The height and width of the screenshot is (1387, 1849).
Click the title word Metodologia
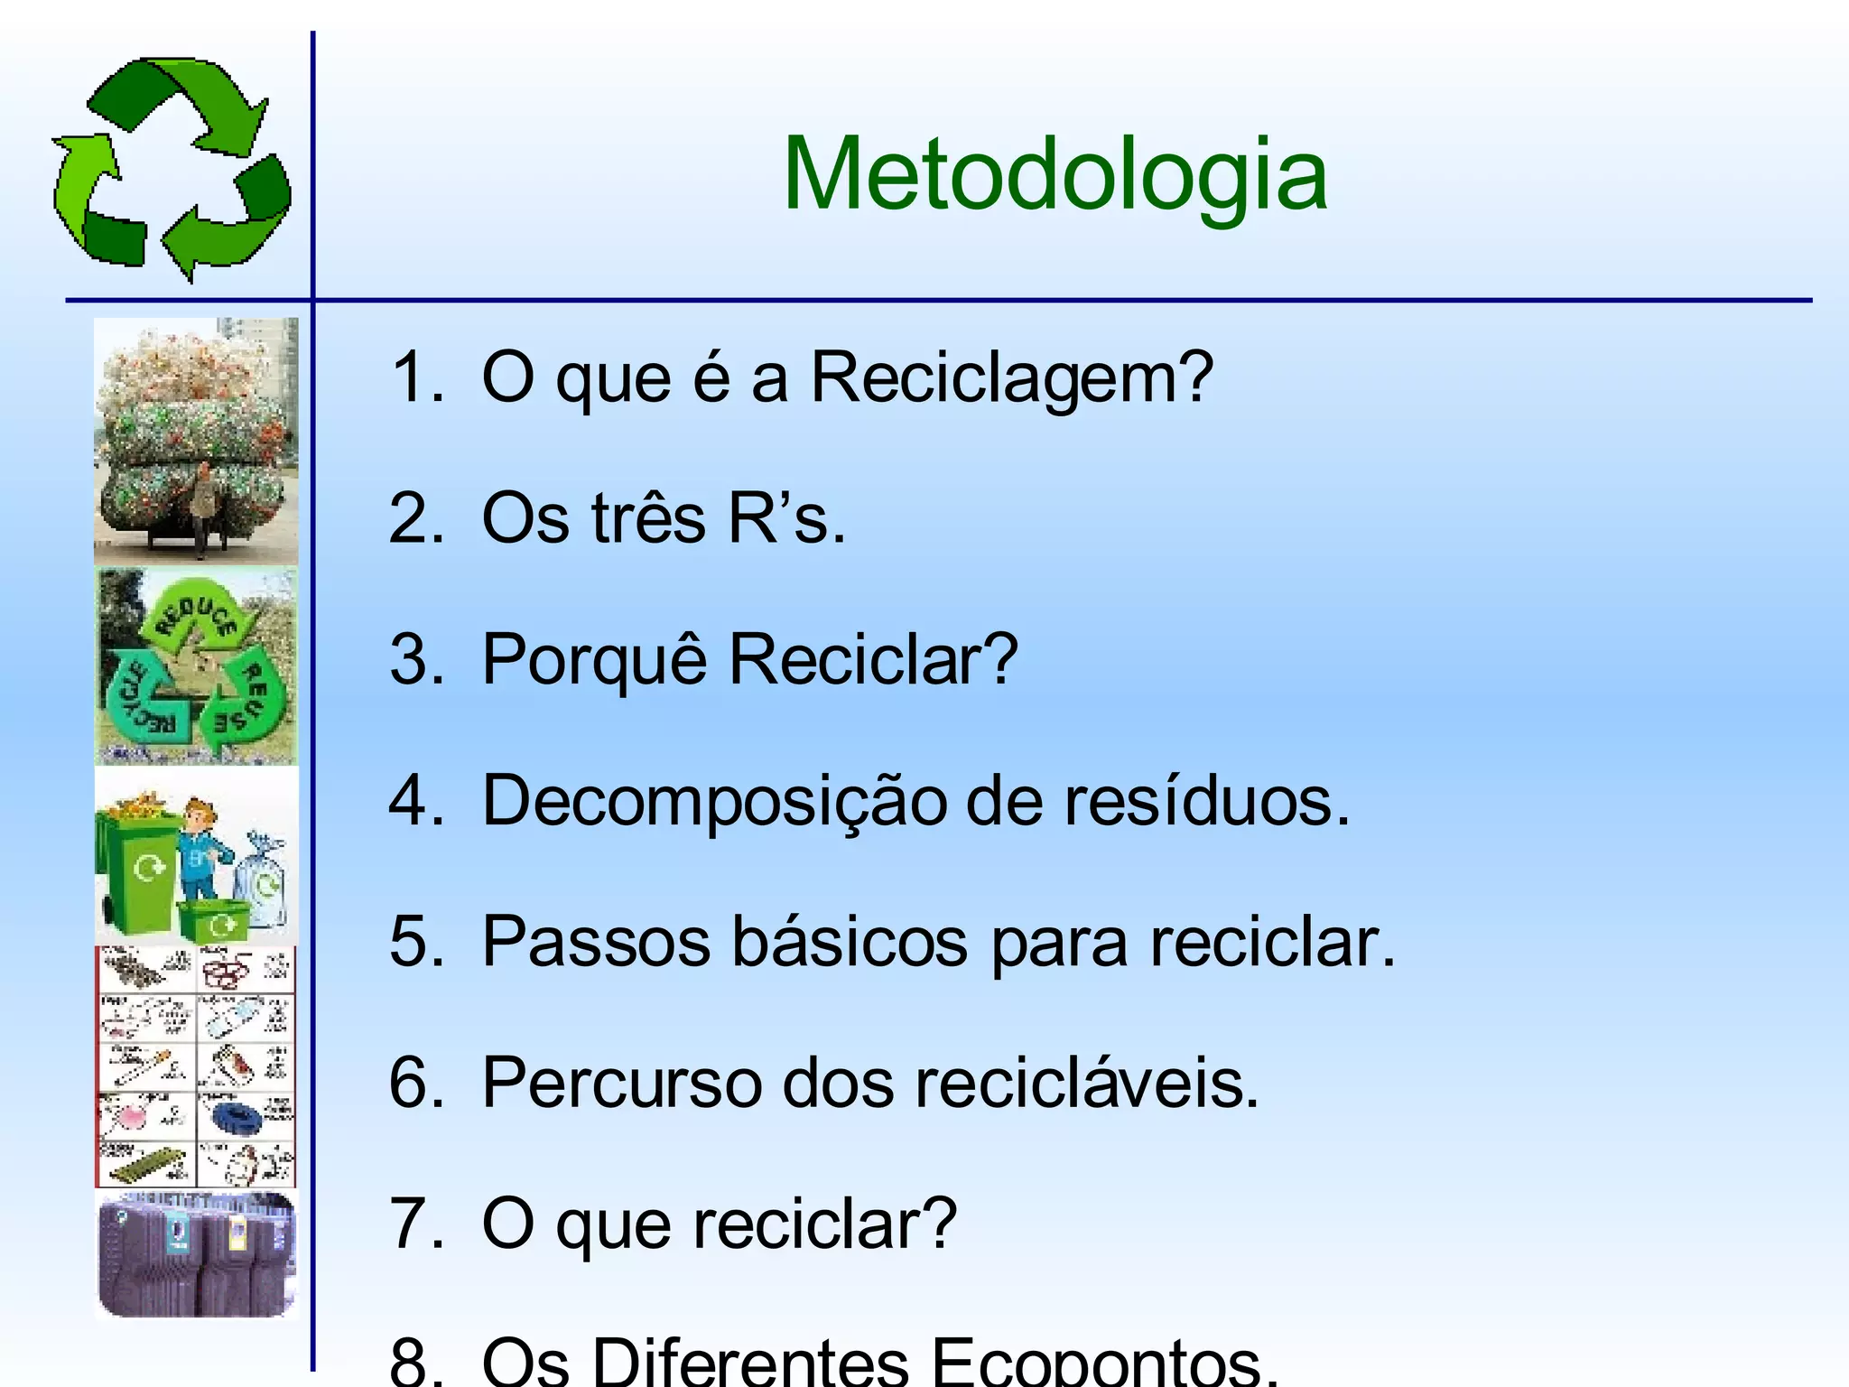click(x=1055, y=174)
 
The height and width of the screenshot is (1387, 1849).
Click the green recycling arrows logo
click(x=172, y=169)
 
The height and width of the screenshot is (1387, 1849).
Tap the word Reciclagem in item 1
click(x=1011, y=377)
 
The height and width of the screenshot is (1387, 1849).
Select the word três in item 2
click(x=648, y=519)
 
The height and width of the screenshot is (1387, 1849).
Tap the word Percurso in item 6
click(x=621, y=1083)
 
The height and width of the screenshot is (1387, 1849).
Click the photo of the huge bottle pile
click(x=196, y=441)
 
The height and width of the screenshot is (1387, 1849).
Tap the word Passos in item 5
click(x=596, y=942)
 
